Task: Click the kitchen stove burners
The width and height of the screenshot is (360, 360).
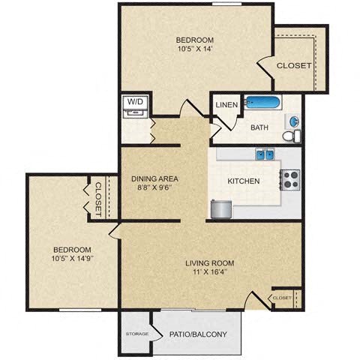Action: (290, 179)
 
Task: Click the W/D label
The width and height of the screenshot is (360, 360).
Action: (135, 100)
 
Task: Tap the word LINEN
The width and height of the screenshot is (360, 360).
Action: (226, 105)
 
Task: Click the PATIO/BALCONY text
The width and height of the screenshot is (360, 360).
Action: (199, 334)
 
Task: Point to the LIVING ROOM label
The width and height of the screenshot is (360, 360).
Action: (210, 263)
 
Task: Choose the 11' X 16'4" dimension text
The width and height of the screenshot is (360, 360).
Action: (210, 273)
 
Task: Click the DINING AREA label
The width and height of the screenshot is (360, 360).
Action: (154, 178)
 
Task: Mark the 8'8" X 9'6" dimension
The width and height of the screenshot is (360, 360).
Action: (154, 188)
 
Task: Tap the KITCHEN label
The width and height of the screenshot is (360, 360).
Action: (244, 181)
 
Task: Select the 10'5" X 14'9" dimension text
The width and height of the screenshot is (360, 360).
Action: (72, 259)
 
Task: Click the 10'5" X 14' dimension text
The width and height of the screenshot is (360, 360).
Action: (195, 49)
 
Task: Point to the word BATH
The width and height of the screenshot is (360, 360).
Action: (259, 127)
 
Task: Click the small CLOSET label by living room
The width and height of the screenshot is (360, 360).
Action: (282, 298)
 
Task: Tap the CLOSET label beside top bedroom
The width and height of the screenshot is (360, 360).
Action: (294, 66)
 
